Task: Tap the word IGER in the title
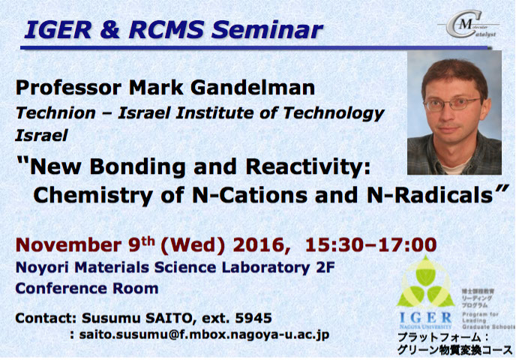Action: point(55,29)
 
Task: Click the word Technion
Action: point(53,114)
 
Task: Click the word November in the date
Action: point(74,244)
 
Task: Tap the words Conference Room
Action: point(87,288)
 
